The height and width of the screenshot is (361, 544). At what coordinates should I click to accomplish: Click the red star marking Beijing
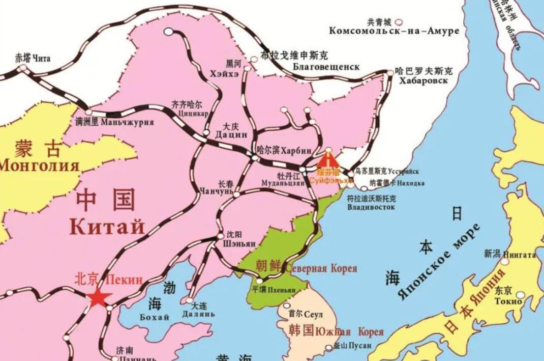coord(98,298)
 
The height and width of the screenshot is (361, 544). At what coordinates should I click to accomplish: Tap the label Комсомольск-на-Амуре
coord(394,31)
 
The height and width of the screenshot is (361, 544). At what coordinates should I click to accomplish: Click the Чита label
coord(42,59)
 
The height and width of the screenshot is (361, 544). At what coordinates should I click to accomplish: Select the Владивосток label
coord(371,208)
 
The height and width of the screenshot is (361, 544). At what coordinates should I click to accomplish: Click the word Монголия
coord(40,166)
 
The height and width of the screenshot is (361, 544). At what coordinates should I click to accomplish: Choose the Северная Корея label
coord(321,268)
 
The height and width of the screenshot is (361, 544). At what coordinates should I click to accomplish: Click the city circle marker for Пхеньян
coord(260,281)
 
